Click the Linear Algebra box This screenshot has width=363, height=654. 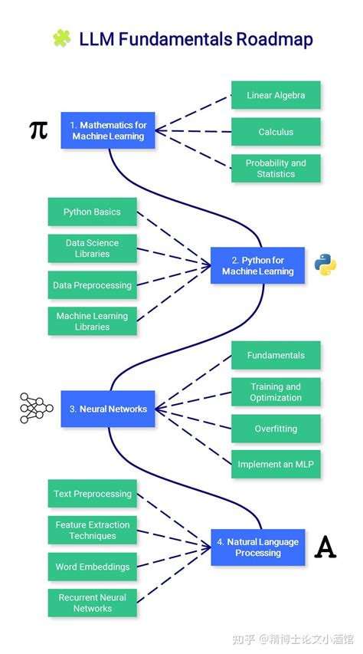(x=276, y=96)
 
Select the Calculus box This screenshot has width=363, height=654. (x=276, y=132)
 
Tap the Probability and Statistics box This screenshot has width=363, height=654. (x=276, y=169)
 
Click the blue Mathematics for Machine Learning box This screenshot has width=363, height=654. (x=108, y=130)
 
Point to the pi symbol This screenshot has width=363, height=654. (x=38, y=130)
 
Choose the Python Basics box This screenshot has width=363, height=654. (x=93, y=212)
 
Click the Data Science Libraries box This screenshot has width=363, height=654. (x=93, y=248)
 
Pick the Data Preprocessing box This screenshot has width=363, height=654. (x=93, y=285)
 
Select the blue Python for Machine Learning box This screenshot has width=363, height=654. (x=257, y=266)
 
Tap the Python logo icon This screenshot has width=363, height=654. (x=325, y=265)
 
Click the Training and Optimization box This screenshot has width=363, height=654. (x=276, y=393)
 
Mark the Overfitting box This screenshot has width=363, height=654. (x=276, y=429)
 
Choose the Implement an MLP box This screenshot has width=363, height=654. (x=276, y=465)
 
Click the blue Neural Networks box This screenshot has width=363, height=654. (x=108, y=409)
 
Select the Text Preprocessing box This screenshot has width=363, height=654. (x=93, y=494)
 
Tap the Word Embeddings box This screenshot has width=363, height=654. (x=93, y=567)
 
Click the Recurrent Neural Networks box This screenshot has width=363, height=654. (x=93, y=603)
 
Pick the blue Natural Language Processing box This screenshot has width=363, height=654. (x=257, y=547)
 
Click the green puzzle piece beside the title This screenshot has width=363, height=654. (x=61, y=38)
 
